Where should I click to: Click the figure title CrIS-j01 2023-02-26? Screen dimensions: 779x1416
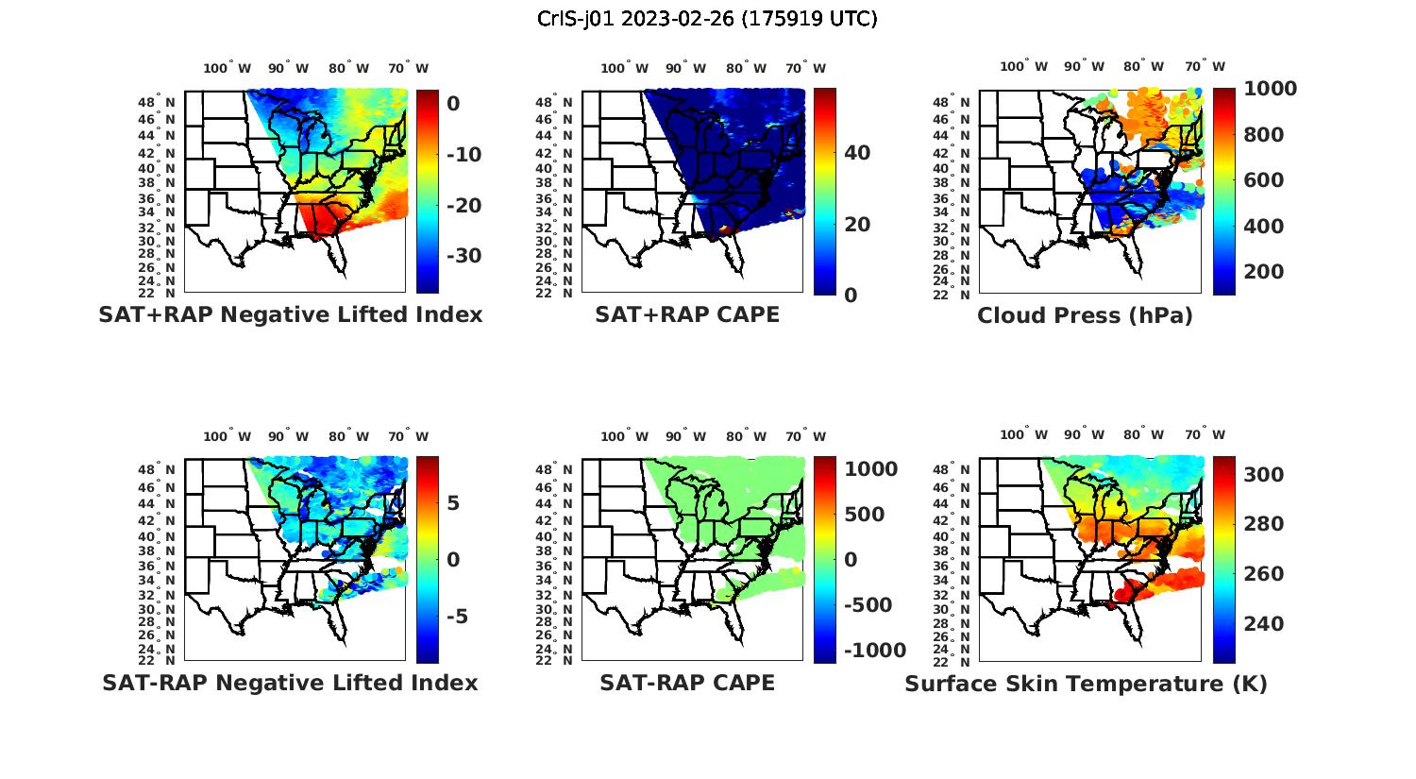707,18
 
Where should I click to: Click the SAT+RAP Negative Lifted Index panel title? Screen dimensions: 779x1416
290,314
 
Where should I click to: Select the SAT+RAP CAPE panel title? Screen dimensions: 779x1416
687,314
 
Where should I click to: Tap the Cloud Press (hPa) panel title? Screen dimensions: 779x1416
1085,315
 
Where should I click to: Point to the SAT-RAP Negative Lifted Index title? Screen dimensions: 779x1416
290,683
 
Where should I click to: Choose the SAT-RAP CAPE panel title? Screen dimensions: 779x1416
687,683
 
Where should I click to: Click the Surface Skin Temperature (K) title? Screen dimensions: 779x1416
1086,684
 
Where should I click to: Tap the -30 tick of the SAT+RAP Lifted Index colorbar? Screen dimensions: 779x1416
463,256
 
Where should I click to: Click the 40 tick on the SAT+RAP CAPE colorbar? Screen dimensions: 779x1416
857,153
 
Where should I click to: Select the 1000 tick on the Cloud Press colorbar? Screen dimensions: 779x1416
1270,89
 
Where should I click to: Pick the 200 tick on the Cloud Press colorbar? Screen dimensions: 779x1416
1263,272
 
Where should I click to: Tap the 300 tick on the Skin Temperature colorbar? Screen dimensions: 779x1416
1263,475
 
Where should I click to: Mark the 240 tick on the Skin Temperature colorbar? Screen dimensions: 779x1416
1263,624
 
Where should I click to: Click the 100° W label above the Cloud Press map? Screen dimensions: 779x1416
1023,67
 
